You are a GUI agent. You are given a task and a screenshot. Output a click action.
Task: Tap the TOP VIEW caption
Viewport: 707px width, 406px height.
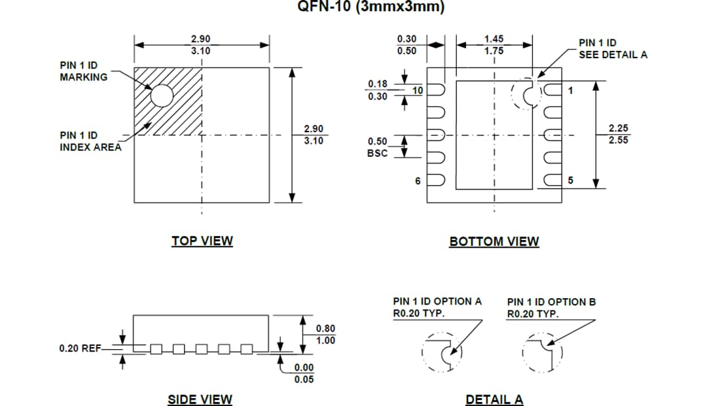pyautogui.click(x=202, y=241)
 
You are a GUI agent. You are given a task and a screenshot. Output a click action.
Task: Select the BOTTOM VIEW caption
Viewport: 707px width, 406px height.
pyautogui.click(x=494, y=241)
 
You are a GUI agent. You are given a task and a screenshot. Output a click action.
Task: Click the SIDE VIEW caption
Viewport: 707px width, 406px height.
pyautogui.click(x=200, y=399)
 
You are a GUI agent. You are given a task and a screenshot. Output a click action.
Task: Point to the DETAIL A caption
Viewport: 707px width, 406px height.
pyautogui.click(x=494, y=399)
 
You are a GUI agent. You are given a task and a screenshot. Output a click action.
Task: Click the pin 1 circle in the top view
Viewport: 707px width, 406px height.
pyautogui.click(x=162, y=95)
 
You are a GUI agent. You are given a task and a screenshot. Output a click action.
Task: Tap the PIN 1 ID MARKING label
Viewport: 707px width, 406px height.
pyautogui.click(x=84, y=71)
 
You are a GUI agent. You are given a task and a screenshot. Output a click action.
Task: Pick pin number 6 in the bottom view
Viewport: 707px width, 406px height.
pyautogui.click(x=418, y=181)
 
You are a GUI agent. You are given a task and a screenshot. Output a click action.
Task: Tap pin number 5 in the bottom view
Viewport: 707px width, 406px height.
pyautogui.click(x=571, y=181)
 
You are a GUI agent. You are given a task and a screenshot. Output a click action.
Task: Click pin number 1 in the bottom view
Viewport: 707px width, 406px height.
pyautogui.click(x=571, y=91)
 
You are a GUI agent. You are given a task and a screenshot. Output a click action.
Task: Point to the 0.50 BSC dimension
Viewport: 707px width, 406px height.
pyautogui.click(x=377, y=147)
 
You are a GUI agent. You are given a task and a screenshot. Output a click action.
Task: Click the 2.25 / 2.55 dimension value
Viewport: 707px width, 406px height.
pyautogui.click(x=618, y=133)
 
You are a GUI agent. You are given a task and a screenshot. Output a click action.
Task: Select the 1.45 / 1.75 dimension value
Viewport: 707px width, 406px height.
pyautogui.click(x=494, y=45)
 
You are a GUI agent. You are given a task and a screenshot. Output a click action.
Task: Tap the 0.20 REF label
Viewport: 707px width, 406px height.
pyautogui.click(x=80, y=348)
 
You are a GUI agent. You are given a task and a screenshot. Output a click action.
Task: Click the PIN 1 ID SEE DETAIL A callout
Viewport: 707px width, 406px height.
pyautogui.click(x=612, y=48)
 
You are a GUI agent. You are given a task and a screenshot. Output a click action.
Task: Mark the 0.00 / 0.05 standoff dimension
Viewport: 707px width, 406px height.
pyautogui.click(x=304, y=373)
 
